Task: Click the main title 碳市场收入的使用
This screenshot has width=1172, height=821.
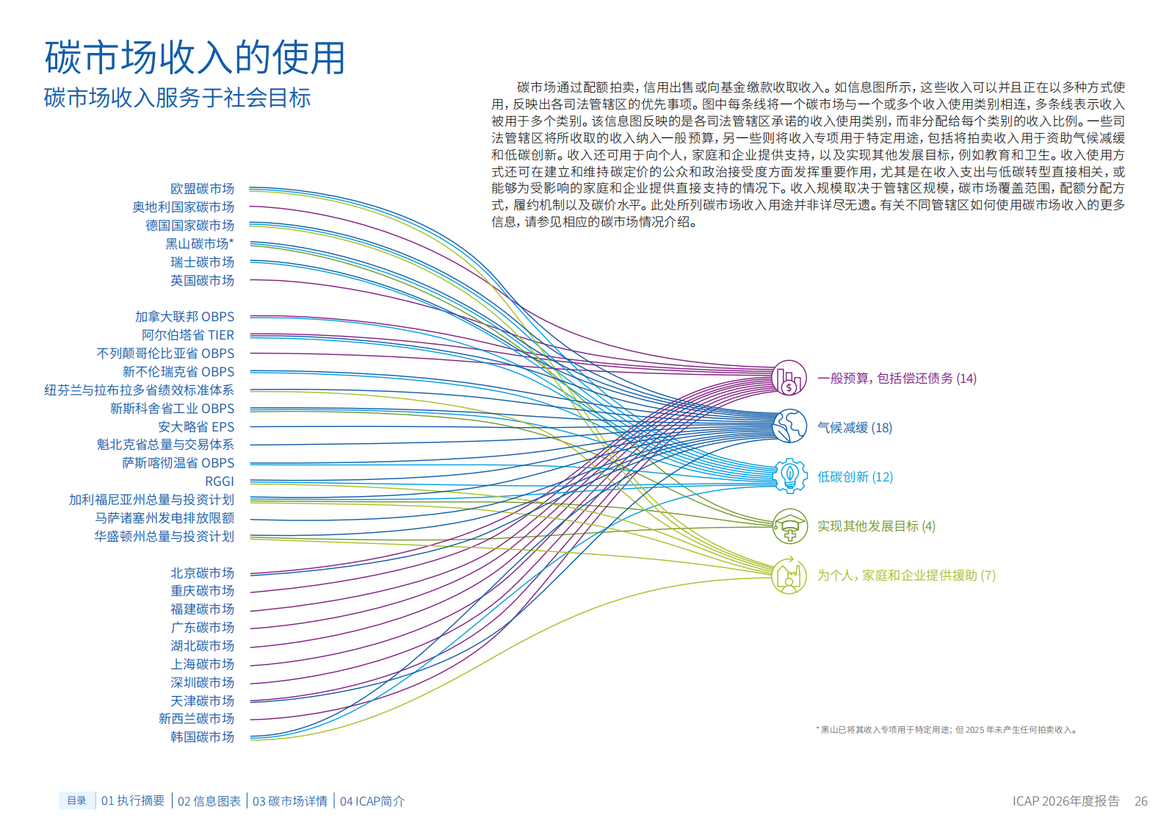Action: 195,57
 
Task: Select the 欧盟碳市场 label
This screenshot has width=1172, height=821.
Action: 203,188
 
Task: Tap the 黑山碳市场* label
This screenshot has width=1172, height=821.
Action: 199,243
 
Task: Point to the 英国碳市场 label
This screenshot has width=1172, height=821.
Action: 203,281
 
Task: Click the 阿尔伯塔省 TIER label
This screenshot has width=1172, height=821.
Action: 188,335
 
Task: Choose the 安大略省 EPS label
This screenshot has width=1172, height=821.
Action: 196,427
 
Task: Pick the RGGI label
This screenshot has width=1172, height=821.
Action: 220,481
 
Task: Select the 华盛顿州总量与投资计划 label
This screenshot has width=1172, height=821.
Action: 164,536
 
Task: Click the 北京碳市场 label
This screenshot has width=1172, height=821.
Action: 203,573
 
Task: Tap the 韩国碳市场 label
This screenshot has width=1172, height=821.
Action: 203,737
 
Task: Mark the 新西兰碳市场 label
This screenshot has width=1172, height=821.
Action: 196,719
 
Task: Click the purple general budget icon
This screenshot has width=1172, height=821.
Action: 789,378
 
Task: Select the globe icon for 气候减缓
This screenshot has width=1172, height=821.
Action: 789,426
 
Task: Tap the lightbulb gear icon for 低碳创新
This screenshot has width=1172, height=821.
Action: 789,476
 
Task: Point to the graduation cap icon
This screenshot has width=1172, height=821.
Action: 789,526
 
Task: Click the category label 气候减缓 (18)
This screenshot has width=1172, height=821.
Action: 855,428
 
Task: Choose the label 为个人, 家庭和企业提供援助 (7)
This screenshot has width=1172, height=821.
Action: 907,576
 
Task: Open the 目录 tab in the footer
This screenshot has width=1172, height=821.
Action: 77,800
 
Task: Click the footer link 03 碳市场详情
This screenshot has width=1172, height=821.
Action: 290,801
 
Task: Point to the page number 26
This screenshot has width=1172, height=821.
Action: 1141,801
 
